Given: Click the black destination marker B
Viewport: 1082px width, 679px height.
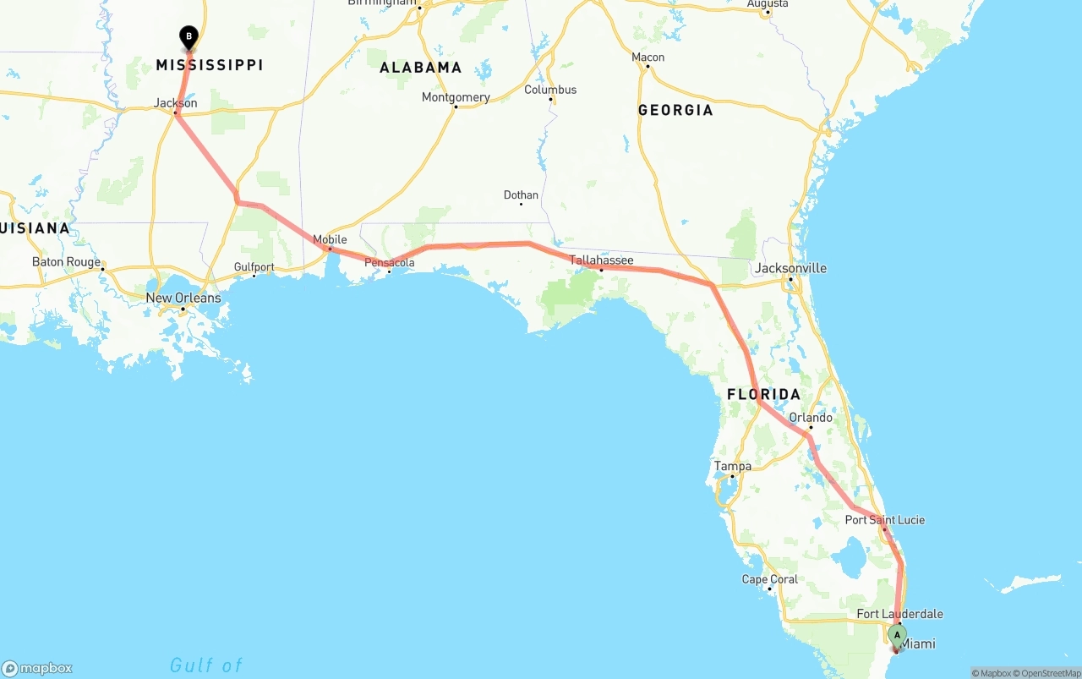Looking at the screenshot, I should point(189,37).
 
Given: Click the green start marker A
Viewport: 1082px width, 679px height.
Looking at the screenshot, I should point(897,635).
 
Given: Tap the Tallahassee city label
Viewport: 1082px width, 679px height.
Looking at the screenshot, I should point(601,260).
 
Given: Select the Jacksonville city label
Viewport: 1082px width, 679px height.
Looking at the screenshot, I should point(791,268).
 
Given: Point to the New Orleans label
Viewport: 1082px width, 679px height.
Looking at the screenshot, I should point(183,298).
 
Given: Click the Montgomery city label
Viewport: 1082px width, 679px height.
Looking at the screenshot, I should point(456,97).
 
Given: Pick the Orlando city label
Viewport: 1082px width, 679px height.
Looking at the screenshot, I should point(810,418).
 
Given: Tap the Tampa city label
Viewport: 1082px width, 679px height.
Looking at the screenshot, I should point(732,466).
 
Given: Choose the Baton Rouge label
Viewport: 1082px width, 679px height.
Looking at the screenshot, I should point(66,262).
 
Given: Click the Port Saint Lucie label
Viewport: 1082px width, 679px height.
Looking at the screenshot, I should point(884,520).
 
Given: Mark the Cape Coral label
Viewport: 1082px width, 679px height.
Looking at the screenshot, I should point(769,579).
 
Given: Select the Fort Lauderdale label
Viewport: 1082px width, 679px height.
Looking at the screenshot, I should point(899,614).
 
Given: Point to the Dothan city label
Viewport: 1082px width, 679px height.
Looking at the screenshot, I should point(521,195).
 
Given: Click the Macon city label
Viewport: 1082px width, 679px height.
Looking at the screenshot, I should point(648,57).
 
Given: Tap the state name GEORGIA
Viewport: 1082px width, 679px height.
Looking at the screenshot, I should point(675,110).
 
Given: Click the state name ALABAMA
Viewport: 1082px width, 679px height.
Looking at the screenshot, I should point(420,68).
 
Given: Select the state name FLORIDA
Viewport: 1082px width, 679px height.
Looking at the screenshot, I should point(763,394).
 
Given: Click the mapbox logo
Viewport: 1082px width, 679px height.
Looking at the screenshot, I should point(37,668).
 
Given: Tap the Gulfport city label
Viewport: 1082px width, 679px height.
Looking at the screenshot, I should point(254,267).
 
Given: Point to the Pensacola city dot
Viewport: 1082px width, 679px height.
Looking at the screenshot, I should point(389,271).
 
